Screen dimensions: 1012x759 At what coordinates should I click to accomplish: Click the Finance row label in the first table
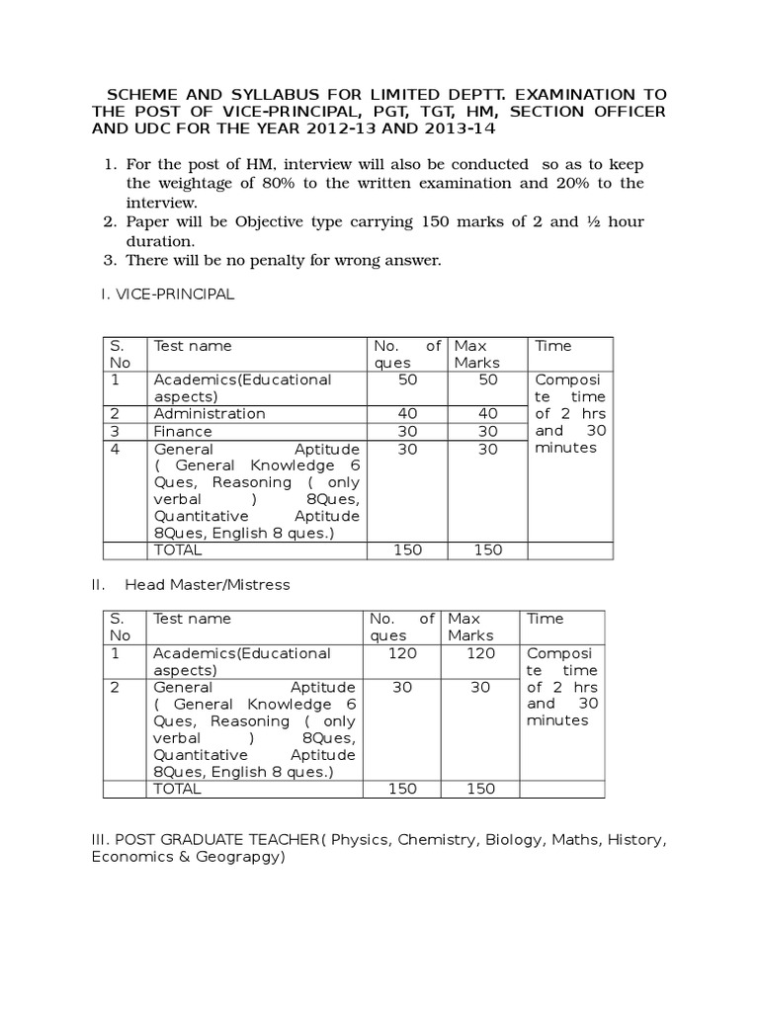(182, 431)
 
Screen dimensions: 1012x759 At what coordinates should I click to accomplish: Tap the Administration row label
(209, 413)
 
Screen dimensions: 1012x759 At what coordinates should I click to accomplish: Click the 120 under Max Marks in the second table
(479, 653)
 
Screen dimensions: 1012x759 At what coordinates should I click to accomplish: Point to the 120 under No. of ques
(402, 653)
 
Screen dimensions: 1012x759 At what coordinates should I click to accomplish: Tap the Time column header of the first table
(552, 346)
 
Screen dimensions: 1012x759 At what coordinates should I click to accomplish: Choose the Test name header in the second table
(191, 619)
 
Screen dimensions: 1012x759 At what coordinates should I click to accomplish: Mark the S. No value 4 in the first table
(115, 449)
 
